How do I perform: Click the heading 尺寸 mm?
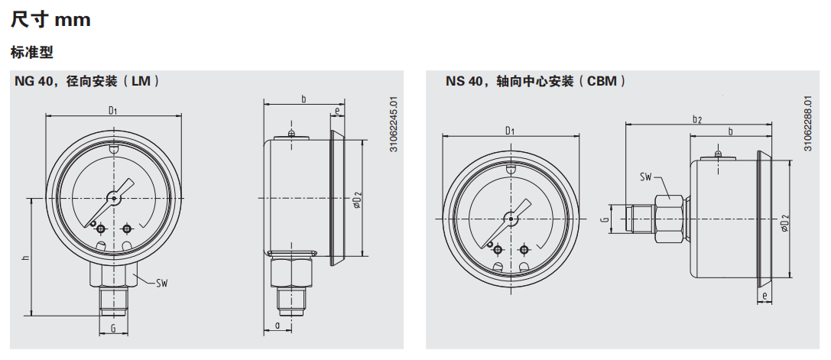click(50, 20)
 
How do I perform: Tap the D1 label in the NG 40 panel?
click(113, 110)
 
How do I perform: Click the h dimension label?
click(26, 258)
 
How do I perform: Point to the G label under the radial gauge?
click(113, 329)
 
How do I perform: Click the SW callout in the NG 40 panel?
click(161, 284)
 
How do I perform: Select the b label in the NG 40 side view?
click(304, 99)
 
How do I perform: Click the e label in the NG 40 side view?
click(337, 112)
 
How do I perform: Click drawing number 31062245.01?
click(394, 125)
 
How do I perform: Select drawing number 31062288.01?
click(807, 124)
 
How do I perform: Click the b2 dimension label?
click(696, 118)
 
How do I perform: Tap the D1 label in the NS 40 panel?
click(510, 131)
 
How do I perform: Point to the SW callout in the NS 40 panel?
click(646, 177)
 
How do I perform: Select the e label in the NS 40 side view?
click(763, 294)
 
